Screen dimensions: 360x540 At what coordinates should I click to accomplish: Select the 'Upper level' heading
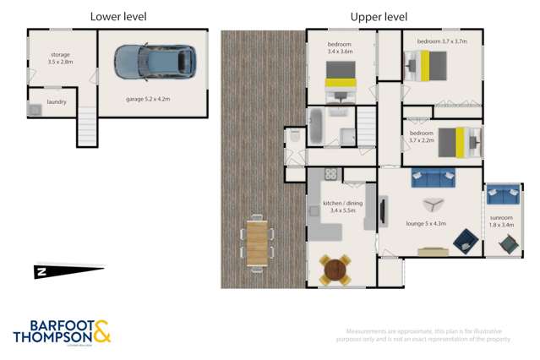point(379,16)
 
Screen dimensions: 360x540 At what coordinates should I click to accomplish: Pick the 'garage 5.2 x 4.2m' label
point(148,99)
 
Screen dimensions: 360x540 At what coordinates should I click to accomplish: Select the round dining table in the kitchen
point(335,270)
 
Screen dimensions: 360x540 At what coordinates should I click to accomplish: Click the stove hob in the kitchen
point(330,175)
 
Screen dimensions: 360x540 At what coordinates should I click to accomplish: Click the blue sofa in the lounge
point(434,177)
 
